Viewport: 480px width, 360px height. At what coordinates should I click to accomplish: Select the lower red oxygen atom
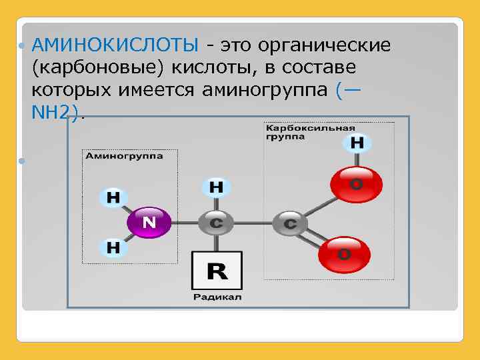[x=344, y=253]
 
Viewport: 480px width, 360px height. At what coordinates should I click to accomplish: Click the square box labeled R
[x=216, y=271]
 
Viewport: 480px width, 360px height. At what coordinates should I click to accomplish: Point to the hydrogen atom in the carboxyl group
[x=357, y=143]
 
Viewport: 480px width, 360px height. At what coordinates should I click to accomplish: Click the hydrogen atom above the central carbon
[x=217, y=187]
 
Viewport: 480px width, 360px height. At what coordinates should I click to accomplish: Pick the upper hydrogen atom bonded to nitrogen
[x=113, y=197]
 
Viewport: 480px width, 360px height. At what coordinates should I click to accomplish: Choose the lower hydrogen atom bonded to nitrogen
[x=113, y=247]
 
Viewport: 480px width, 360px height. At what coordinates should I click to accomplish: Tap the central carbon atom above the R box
[x=216, y=223]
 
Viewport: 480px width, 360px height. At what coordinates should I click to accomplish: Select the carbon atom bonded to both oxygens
[x=290, y=223]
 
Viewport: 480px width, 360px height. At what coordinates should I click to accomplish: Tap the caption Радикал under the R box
[x=218, y=297]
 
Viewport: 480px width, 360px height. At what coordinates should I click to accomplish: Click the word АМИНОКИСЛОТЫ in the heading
[x=115, y=45]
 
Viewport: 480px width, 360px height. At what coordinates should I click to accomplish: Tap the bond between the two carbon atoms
[x=253, y=223]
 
